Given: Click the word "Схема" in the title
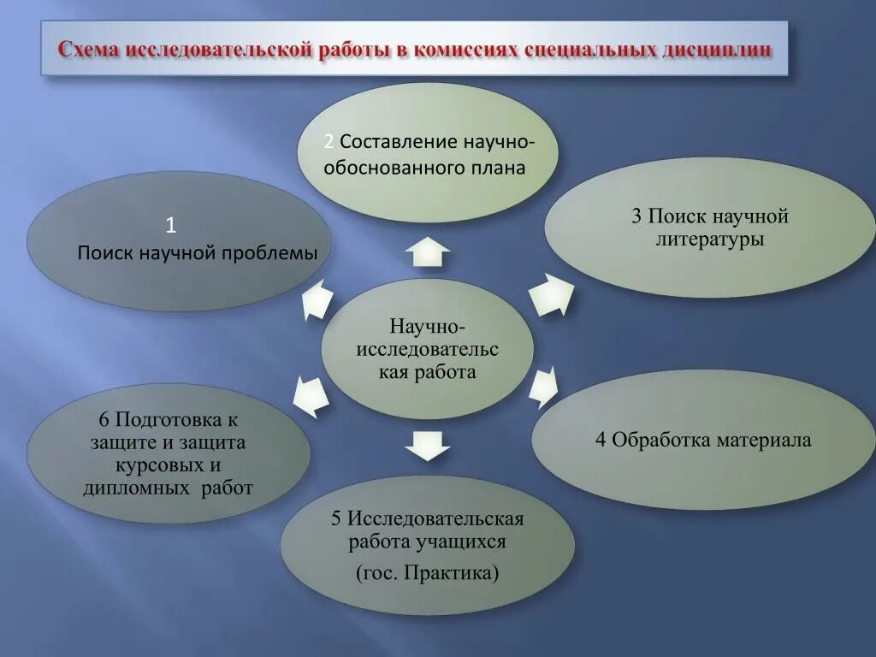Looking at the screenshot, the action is point(89,50).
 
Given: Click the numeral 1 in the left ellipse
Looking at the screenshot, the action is point(171,225).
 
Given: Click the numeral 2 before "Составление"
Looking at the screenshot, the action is point(328,141).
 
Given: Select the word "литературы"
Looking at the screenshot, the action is point(710,240).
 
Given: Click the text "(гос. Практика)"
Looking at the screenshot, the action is point(427,572).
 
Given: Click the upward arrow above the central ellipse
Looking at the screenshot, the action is point(427,253).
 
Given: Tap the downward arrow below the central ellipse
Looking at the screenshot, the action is point(427,444).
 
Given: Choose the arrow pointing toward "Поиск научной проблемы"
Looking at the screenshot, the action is point(316,299).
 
